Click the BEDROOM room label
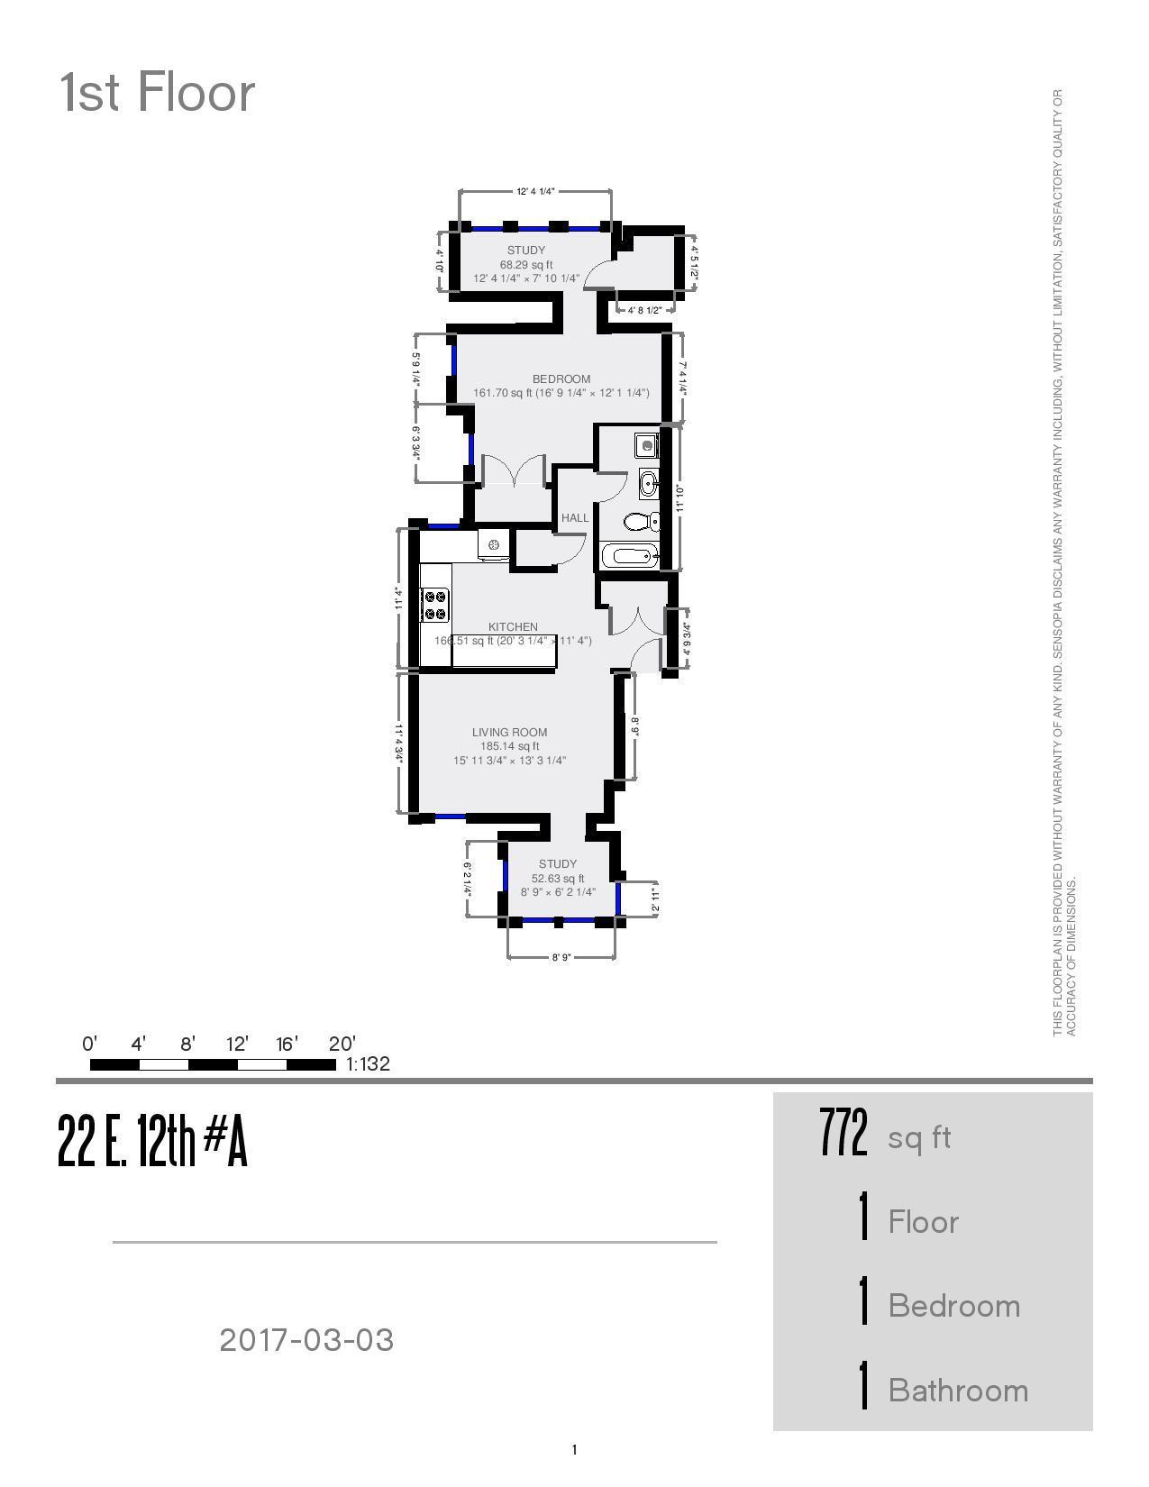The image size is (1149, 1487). coord(561,379)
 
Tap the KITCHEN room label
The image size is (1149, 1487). coord(513,626)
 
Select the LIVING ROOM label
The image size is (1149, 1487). coord(509,732)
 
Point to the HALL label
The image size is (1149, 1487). coord(574,517)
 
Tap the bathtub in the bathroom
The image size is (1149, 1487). coord(629,555)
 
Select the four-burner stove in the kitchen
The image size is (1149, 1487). coord(436,604)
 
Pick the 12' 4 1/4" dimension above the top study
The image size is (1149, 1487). coord(535,191)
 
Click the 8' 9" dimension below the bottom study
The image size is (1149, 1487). coord(561,957)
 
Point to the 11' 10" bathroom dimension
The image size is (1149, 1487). coord(680,498)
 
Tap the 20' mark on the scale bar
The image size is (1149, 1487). coord(342,1045)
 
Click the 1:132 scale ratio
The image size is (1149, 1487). coord(368,1063)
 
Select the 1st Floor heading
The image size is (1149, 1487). coord(157,93)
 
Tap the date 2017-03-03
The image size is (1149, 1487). coord(306,1339)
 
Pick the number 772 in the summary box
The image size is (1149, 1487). coord(844,1134)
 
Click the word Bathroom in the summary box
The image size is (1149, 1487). coord(958,1390)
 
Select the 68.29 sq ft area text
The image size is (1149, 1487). coord(526,265)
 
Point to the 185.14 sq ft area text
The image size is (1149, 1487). coord(509,746)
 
